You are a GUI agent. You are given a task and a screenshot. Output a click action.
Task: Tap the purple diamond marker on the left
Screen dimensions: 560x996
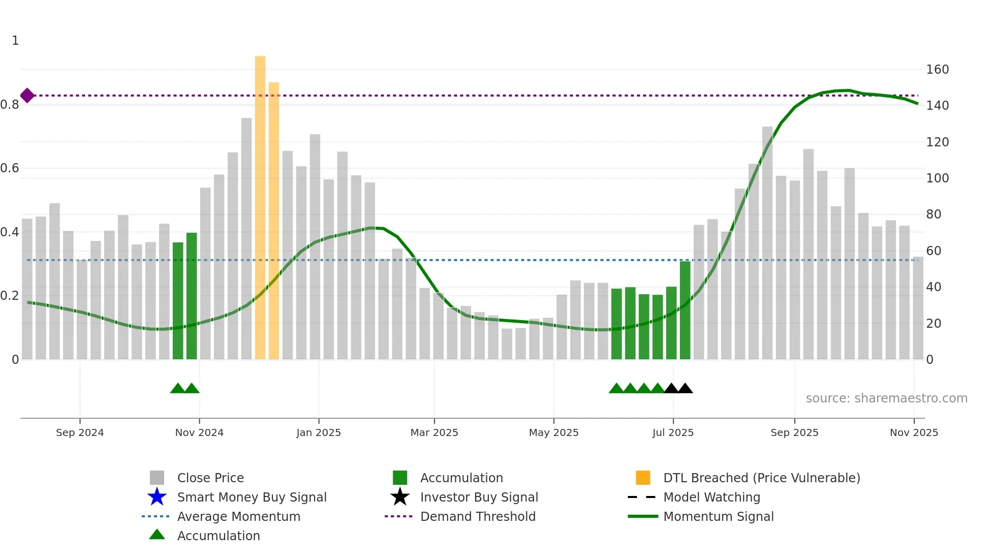(27, 96)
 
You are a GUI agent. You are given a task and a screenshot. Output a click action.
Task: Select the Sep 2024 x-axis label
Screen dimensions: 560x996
(80, 432)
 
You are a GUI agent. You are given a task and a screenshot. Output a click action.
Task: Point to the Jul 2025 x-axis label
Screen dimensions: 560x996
(673, 432)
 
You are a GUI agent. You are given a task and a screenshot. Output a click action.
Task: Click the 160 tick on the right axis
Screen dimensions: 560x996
(937, 70)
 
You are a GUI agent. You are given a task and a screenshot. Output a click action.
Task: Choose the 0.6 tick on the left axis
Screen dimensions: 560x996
(10, 168)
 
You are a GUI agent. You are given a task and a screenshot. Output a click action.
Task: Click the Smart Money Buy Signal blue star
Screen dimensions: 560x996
(157, 497)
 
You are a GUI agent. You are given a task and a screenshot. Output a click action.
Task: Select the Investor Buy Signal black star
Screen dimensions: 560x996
(400, 497)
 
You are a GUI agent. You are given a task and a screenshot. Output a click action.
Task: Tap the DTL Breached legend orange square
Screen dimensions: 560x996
(643, 478)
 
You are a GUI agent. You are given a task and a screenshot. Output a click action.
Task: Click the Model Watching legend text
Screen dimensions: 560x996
(711, 497)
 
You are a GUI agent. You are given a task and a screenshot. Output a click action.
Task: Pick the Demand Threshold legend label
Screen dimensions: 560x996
(478, 516)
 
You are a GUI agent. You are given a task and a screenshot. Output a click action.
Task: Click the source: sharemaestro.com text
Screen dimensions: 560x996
(886, 398)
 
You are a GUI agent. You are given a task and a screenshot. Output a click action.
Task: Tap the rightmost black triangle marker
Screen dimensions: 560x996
(685, 389)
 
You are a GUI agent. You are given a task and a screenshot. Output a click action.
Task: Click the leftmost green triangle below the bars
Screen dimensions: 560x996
(177, 389)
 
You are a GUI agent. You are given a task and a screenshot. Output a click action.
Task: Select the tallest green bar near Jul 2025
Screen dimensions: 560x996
(685, 310)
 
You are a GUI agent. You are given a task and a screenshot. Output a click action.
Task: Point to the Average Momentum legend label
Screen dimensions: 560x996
(238, 516)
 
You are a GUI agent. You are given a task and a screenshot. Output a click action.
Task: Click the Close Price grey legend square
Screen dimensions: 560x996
(157, 478)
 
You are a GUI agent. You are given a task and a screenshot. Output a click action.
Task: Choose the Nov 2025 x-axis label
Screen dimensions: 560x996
(914, 432)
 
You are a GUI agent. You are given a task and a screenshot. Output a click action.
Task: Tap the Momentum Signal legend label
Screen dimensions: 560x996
(718, 516)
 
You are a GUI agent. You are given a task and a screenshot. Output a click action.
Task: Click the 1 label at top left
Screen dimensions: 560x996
(15, 41)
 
